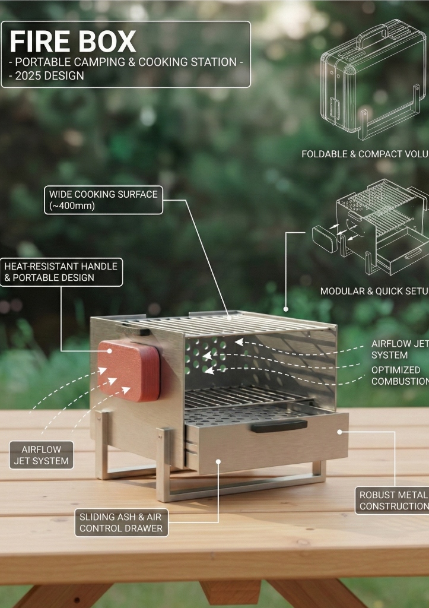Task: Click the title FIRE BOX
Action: tap(73, 42)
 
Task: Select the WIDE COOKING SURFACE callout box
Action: tap(103, 200)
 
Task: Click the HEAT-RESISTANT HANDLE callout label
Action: tap(61, 272)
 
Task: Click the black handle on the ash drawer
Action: tap(279, 426)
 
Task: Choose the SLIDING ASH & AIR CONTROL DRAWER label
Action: tap(121, 522)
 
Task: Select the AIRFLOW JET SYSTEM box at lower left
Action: tap(42, 455)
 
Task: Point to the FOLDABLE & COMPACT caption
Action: tap(364, 154)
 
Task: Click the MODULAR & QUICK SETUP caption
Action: tap(374, 291)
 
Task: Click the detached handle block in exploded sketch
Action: tap(325, 239)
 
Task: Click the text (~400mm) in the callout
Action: tap(72, 206)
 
